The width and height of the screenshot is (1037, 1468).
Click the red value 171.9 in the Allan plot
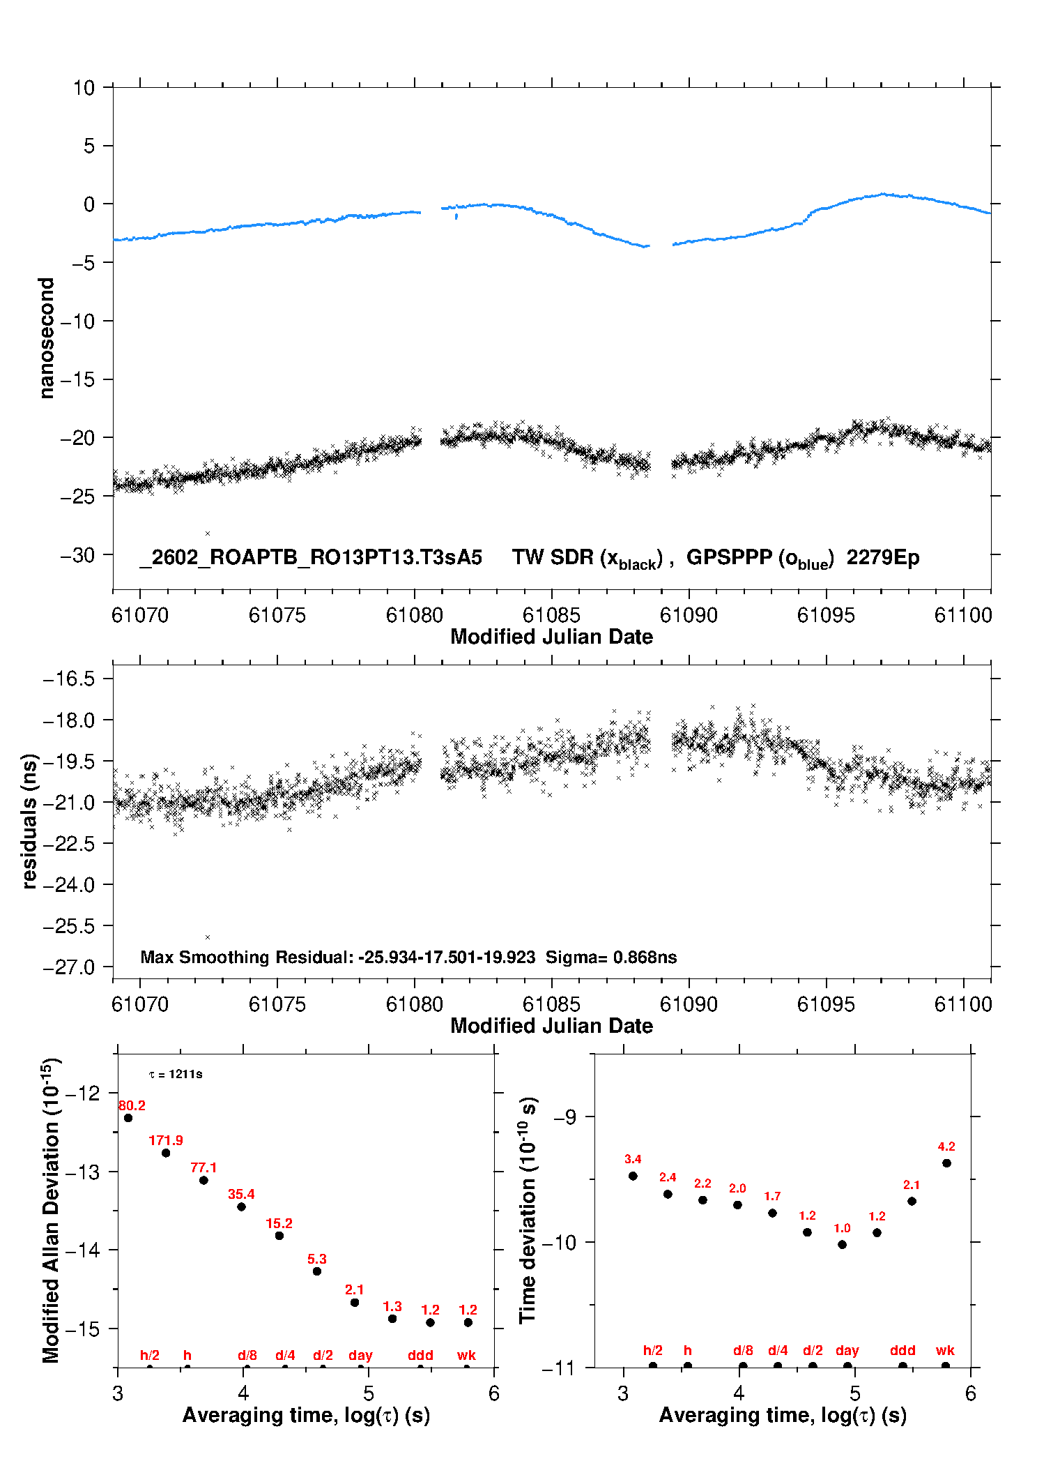coord(166,1140)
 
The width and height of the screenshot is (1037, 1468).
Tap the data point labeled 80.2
coord(128,1118)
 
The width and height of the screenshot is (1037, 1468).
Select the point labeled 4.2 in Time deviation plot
coord(946,1163)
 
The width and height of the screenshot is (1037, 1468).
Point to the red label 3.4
coord(633,1159)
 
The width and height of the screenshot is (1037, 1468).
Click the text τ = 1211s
coord(176,1074)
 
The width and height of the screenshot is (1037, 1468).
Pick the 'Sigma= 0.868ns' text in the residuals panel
coord(611,957)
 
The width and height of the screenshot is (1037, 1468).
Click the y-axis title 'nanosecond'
coord(47,338)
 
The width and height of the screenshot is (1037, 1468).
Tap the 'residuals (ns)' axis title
coord(29,821)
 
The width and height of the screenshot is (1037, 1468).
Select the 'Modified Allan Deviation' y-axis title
coord(51,1210)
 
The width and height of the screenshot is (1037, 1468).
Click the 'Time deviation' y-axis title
coord(528,1210)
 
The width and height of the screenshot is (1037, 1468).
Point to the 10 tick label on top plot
coord(84,88)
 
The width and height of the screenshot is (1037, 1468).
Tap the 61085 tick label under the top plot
coord(551,615)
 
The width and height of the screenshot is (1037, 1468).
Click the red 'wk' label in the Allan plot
coord(466,1355)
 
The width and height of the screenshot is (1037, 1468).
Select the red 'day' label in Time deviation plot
coord(847,1350)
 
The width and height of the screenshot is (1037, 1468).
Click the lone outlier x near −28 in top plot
coord(208,534)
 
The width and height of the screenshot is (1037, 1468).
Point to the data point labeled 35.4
coord(241,1206)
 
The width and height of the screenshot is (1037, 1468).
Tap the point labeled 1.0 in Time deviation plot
coord(842,1244)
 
